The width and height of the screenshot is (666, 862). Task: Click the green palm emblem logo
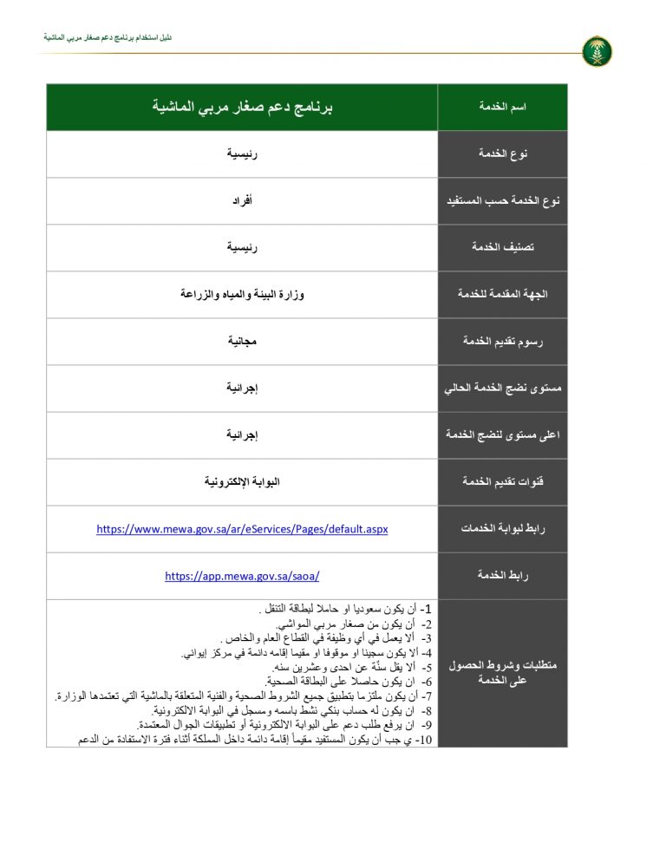597,51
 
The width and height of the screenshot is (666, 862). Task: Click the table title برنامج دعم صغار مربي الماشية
243,107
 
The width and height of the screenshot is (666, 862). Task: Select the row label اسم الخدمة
503,107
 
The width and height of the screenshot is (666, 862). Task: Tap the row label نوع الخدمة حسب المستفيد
503,201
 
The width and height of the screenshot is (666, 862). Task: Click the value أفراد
243,201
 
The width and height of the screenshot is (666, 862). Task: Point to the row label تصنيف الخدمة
503,248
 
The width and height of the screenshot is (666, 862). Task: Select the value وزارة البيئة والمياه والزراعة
243,295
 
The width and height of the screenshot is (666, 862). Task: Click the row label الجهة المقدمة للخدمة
503,295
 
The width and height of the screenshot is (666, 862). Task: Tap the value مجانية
243,342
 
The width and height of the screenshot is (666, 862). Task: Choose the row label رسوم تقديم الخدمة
503,342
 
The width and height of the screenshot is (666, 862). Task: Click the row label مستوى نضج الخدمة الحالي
503,389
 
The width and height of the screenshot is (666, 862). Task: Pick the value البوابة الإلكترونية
243,482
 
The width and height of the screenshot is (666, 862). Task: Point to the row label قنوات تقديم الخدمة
503,482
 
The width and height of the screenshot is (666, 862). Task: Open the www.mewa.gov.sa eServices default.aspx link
242,529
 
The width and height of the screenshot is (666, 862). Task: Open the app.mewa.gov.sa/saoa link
242,576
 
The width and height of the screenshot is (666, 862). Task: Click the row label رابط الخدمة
503,576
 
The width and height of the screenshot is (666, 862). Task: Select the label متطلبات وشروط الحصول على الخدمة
503,673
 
